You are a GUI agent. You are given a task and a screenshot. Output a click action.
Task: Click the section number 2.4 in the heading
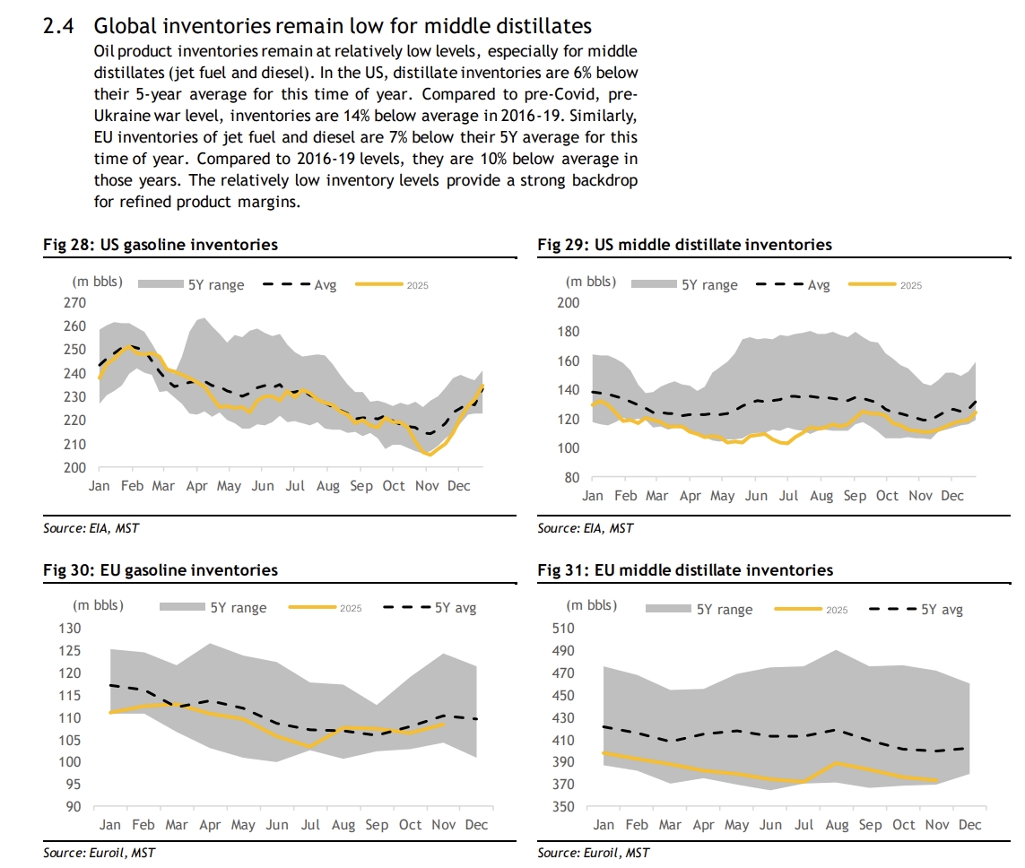tap(61, 27)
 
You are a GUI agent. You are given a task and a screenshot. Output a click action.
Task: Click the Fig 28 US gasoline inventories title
tap(161, 245)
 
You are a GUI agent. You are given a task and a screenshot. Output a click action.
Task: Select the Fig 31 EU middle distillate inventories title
tap(685, 570)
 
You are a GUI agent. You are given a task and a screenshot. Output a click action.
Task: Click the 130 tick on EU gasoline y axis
tap(70, 628)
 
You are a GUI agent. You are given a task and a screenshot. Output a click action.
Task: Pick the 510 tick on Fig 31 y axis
tap(564, 628)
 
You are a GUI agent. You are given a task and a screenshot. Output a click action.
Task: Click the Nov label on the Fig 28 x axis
tap(426, 486)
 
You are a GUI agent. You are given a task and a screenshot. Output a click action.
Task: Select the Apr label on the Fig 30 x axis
tap(210, 825)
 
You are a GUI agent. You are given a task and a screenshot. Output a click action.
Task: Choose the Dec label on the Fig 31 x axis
tap(970, 825)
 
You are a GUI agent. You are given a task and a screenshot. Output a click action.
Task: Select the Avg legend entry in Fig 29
tap(819, 285)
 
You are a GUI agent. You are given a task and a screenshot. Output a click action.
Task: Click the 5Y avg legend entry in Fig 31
tap(942, 610)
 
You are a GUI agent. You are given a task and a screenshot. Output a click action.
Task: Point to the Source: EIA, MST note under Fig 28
tap(91, 528)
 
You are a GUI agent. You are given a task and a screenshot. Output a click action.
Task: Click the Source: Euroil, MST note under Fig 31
tap(593, 853)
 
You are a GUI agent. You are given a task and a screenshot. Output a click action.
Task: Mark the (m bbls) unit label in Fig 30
tap(98, 605)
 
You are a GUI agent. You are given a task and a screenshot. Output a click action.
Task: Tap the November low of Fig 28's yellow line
tap(429, 455)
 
